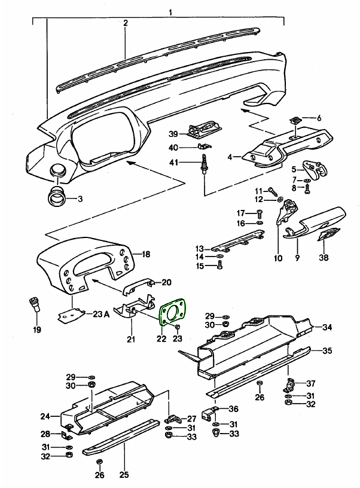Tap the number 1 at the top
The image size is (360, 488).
[170, 12]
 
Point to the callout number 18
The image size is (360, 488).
[146, 254]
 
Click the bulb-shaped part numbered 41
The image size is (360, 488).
[205, 164]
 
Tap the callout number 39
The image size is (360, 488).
[157, 133]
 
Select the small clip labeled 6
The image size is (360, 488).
[294, 121]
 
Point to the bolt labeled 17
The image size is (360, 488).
[258, 213]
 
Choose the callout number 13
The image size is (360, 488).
[199, 248]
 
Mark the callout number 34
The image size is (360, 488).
[327, 327]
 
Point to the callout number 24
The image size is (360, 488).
[44, 416]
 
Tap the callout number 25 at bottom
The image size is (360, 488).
[124, 475]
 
